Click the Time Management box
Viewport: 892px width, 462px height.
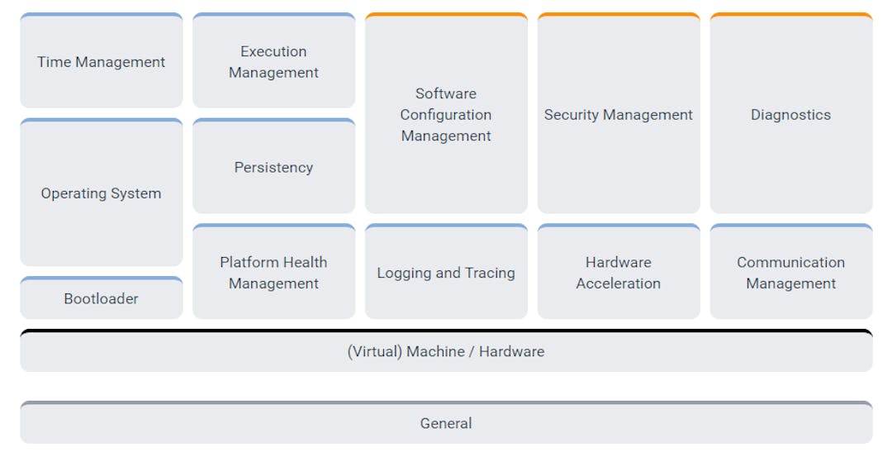101,62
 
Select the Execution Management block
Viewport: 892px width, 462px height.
273,62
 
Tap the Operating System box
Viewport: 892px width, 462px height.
101,193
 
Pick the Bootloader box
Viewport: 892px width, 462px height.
101,298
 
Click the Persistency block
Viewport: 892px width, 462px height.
273,167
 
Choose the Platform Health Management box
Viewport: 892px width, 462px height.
273,273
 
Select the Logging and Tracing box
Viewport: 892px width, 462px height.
446,273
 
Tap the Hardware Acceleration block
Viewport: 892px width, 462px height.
619,273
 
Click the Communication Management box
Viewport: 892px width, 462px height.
790,273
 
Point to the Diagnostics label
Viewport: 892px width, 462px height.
790,115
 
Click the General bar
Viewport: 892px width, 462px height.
446,423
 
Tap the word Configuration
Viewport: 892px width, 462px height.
446,115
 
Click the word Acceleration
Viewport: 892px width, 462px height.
619,283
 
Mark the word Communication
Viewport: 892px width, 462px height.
790,262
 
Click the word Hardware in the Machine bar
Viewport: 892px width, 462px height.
511,351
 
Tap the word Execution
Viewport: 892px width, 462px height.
273,51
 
